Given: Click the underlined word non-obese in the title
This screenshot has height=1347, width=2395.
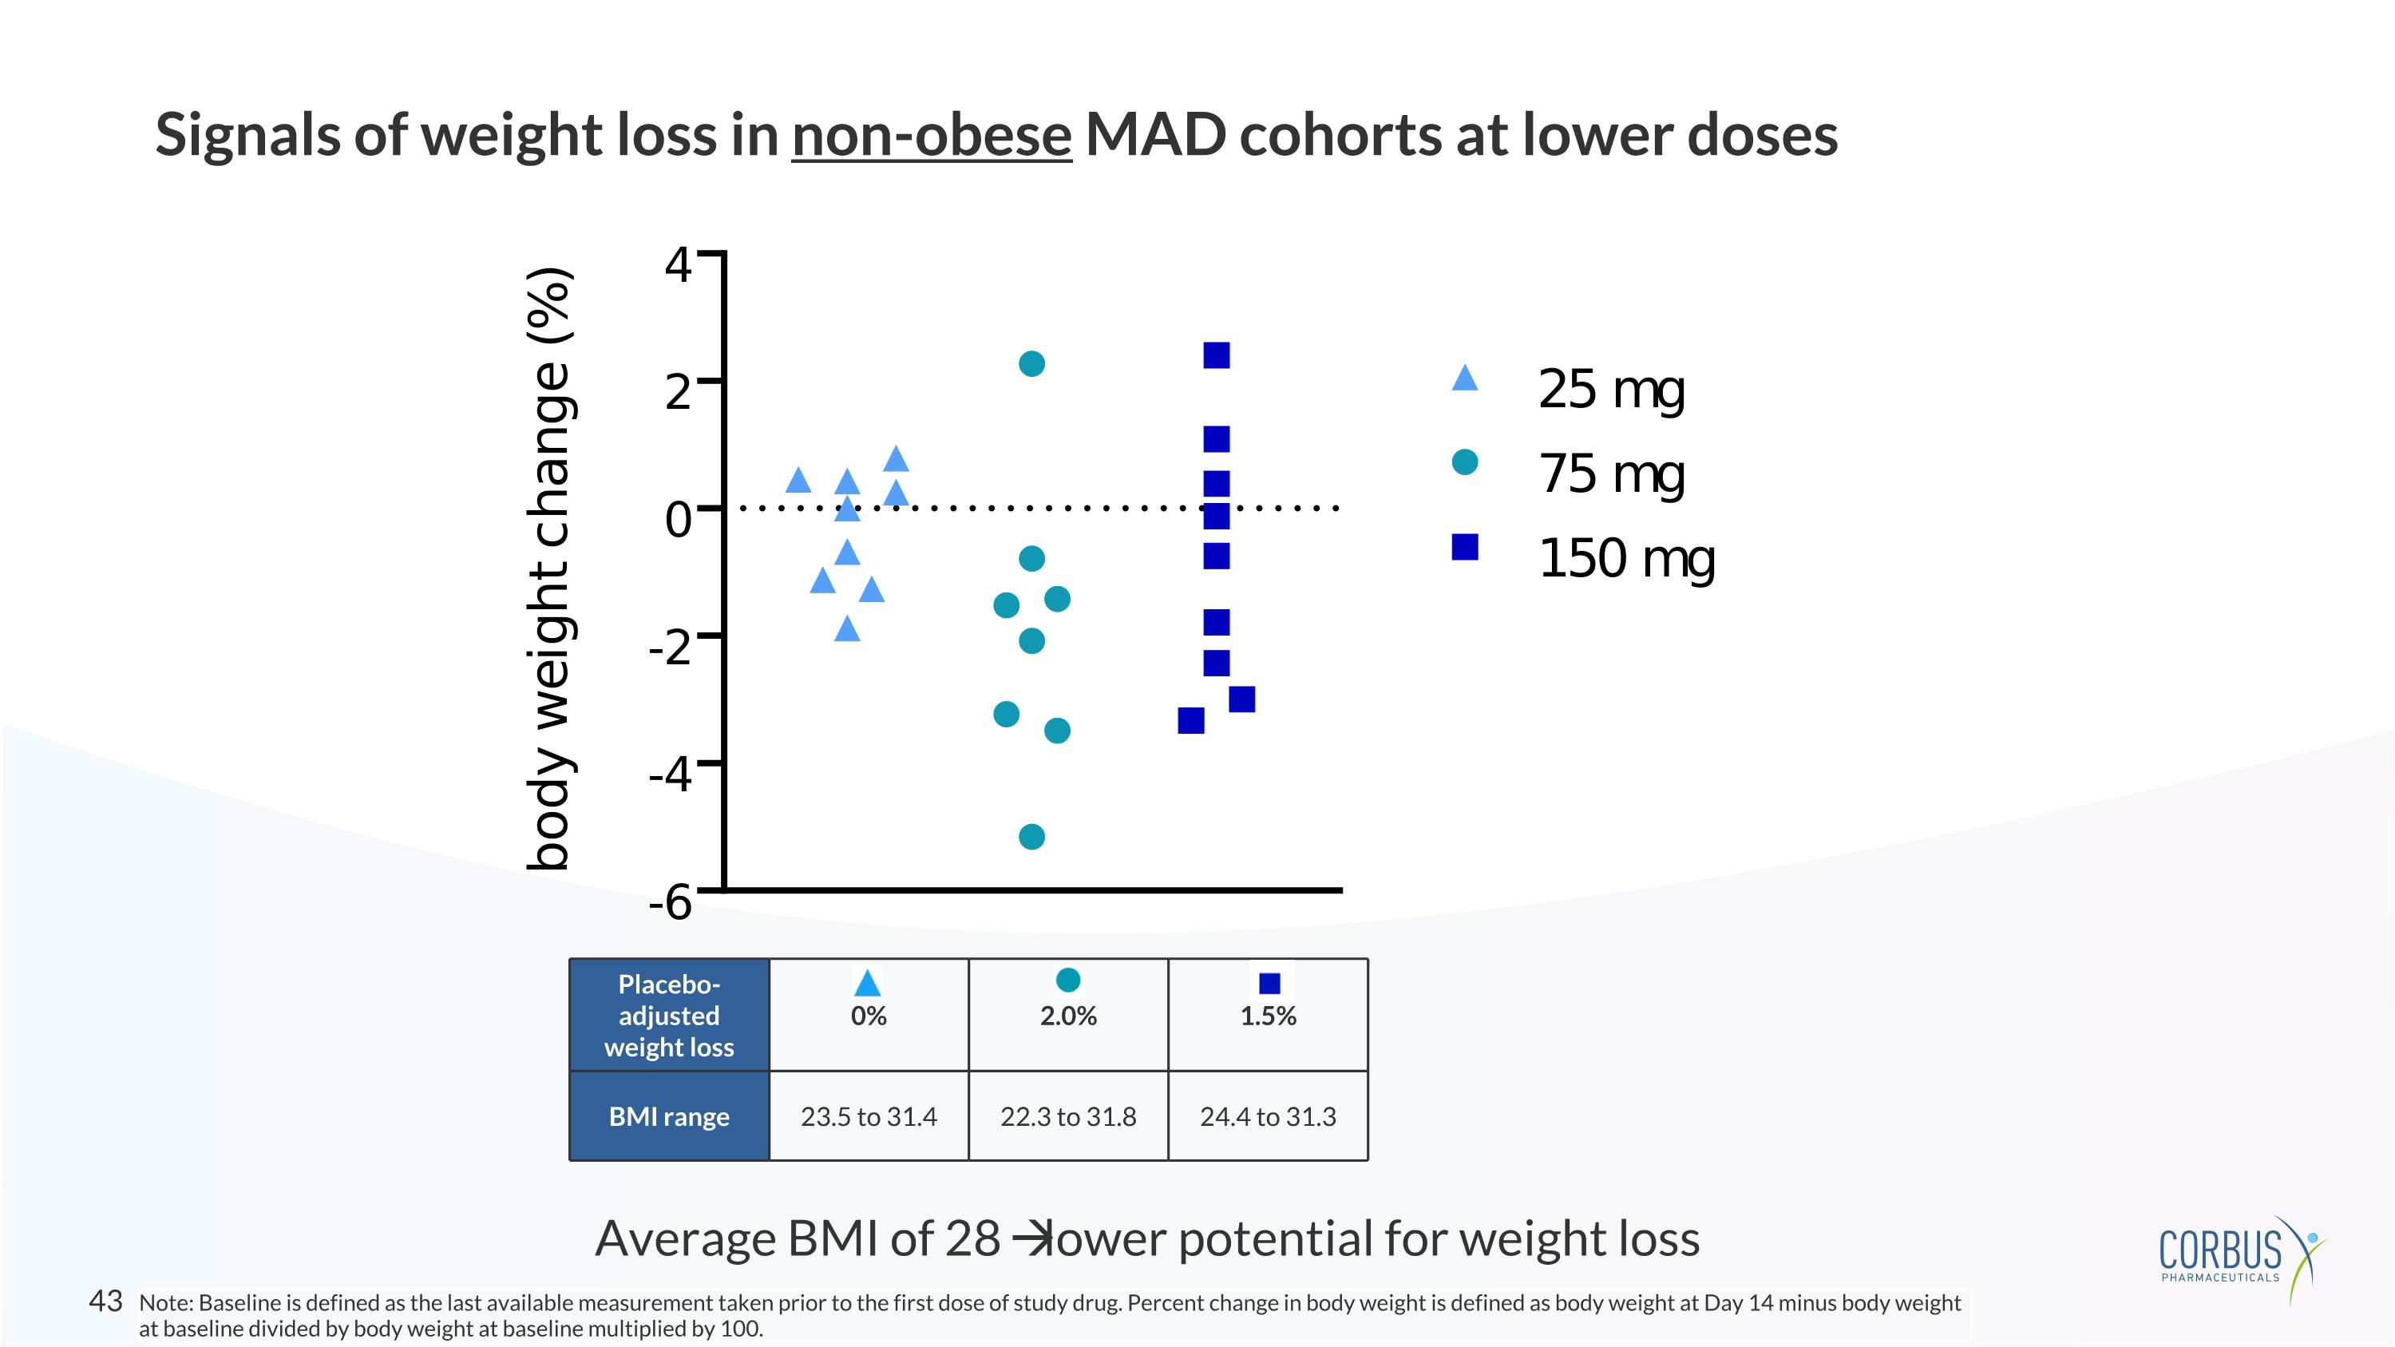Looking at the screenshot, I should (x=932, y=135).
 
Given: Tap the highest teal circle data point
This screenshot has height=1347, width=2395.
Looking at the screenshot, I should (x=1032, y=363).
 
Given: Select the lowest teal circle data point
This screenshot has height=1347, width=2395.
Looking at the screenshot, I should (x=1032, y=837).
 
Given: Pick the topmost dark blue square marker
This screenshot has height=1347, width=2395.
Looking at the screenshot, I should (x=1216, y=355).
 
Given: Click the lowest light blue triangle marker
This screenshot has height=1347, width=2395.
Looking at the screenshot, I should (x=847, y=630).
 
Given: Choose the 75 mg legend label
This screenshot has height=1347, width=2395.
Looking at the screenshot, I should (x=1611, y=473).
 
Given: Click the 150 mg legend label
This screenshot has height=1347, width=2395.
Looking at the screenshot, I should (x=1626, y=558).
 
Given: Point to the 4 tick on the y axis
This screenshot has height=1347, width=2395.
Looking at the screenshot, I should (x=679, y=266).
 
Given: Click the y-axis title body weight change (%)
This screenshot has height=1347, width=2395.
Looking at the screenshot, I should (x=550, y=569).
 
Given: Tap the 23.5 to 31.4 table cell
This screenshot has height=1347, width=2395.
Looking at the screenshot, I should (x=869, y=1116).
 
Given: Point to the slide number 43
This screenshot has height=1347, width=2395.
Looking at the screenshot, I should (x=105, y=1301).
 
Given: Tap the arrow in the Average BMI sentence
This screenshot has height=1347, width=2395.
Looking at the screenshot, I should (x=1027, y=1239).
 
